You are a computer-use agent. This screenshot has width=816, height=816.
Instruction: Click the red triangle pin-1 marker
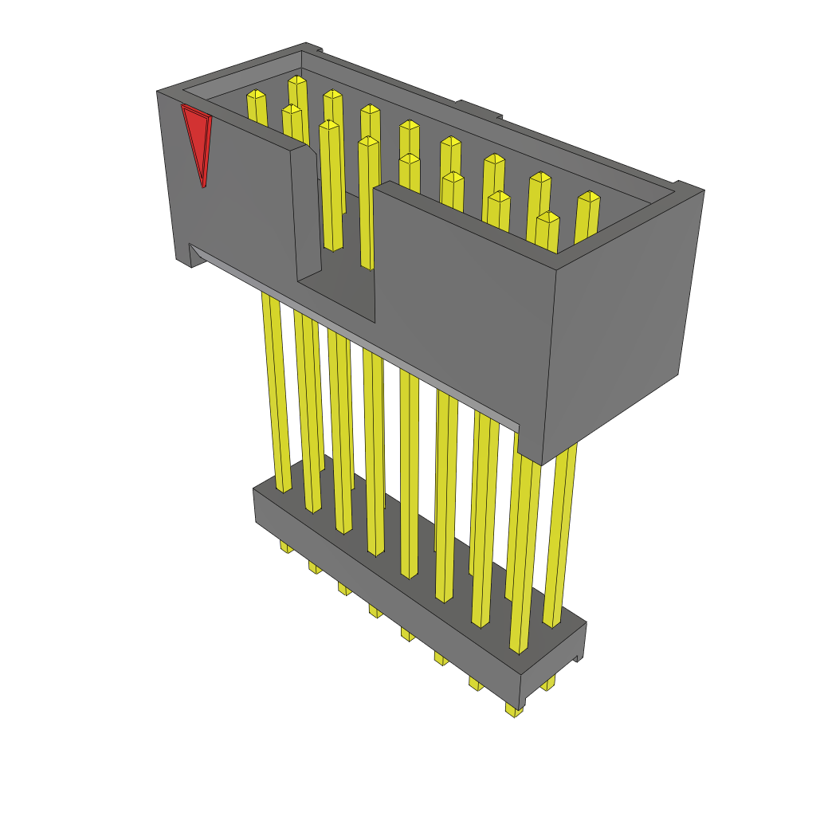coord(196,140)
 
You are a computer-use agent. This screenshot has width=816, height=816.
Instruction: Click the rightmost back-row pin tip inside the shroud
coord(589,197)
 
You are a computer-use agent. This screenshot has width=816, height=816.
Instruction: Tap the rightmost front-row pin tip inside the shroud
coord(547,217)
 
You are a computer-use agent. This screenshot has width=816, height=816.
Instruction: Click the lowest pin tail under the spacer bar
coord(514,709)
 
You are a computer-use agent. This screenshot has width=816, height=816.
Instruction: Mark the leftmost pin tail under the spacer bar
coord(285,547)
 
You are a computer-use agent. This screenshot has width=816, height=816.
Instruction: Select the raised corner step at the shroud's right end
coord(687,187)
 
